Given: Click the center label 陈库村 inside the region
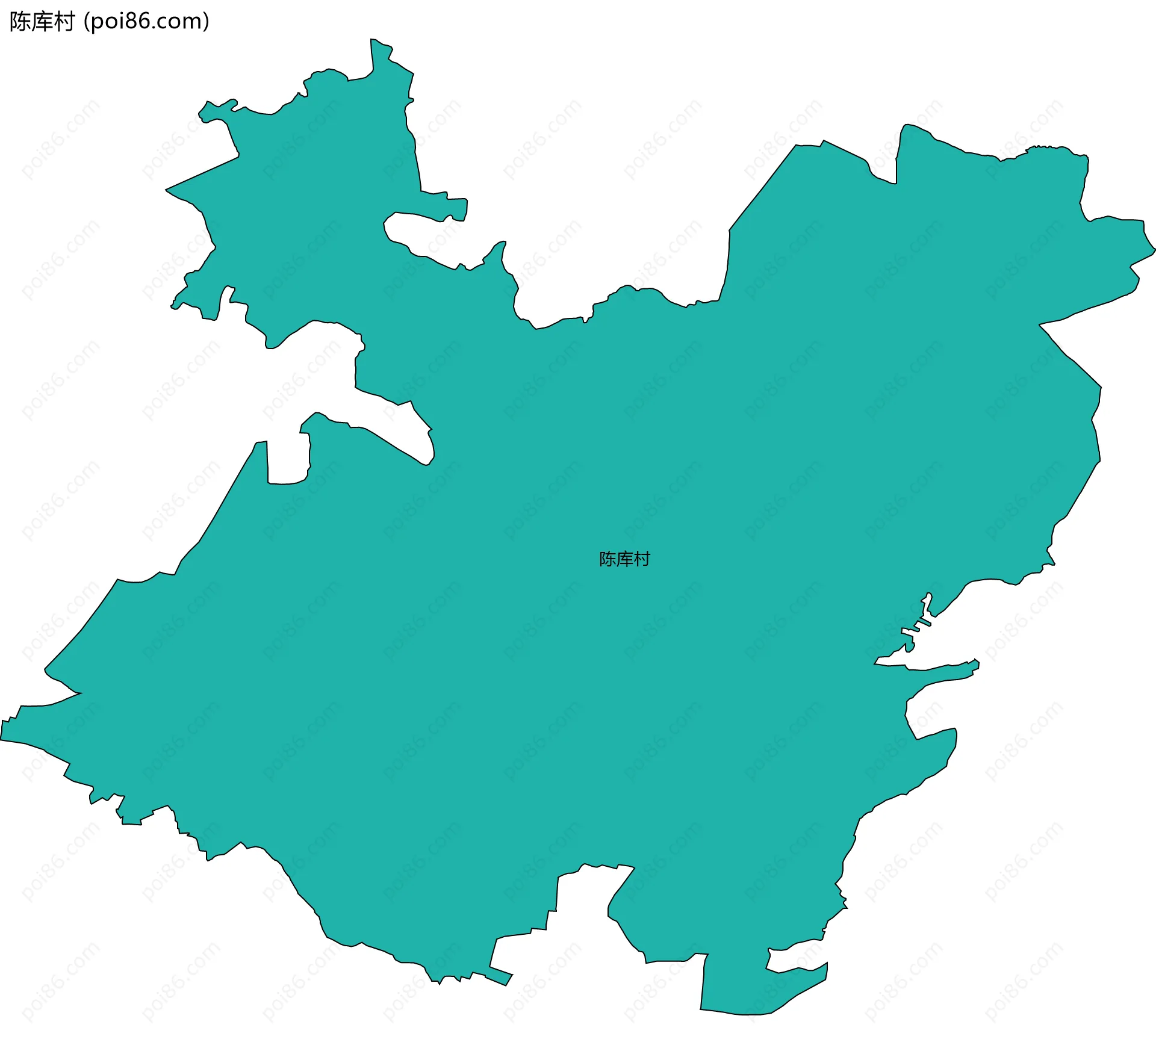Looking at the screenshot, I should (624, 559).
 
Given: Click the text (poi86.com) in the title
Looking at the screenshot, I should (146, 22).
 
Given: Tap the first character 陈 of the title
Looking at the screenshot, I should (20, 22).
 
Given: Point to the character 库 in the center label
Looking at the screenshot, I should (624, 559).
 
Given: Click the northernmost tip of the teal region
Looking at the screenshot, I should (372, 40).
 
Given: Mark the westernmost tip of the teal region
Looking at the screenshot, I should (2, 739).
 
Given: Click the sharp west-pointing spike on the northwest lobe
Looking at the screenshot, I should (167, 190).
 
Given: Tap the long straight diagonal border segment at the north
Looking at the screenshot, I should (762, 187).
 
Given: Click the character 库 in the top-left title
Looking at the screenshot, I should (42, 22).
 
